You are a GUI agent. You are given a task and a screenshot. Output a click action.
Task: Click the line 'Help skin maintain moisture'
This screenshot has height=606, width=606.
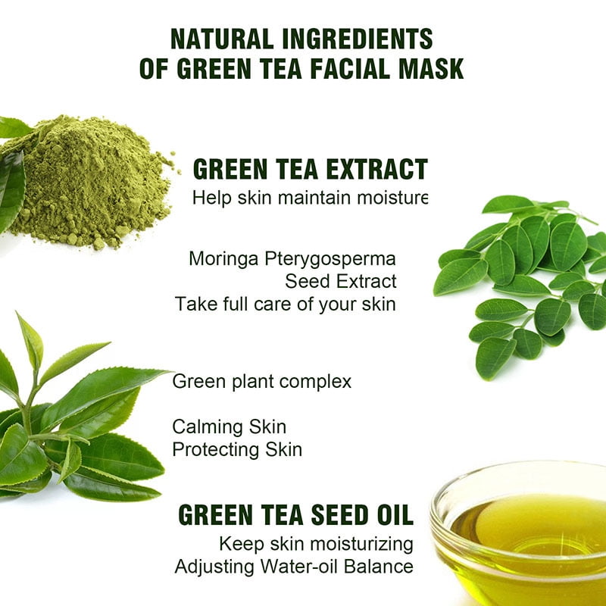(x=310, y=198)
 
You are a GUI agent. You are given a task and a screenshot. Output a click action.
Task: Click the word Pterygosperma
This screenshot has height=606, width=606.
(x=330, y=259)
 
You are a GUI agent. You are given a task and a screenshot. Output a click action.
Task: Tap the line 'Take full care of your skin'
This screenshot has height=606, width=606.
(x=286, y=304)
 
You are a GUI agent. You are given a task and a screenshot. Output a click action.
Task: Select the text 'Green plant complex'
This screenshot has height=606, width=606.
(x=262, y=381)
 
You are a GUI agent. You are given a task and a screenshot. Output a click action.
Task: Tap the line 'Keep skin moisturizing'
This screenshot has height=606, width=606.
(x=316, y=543)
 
